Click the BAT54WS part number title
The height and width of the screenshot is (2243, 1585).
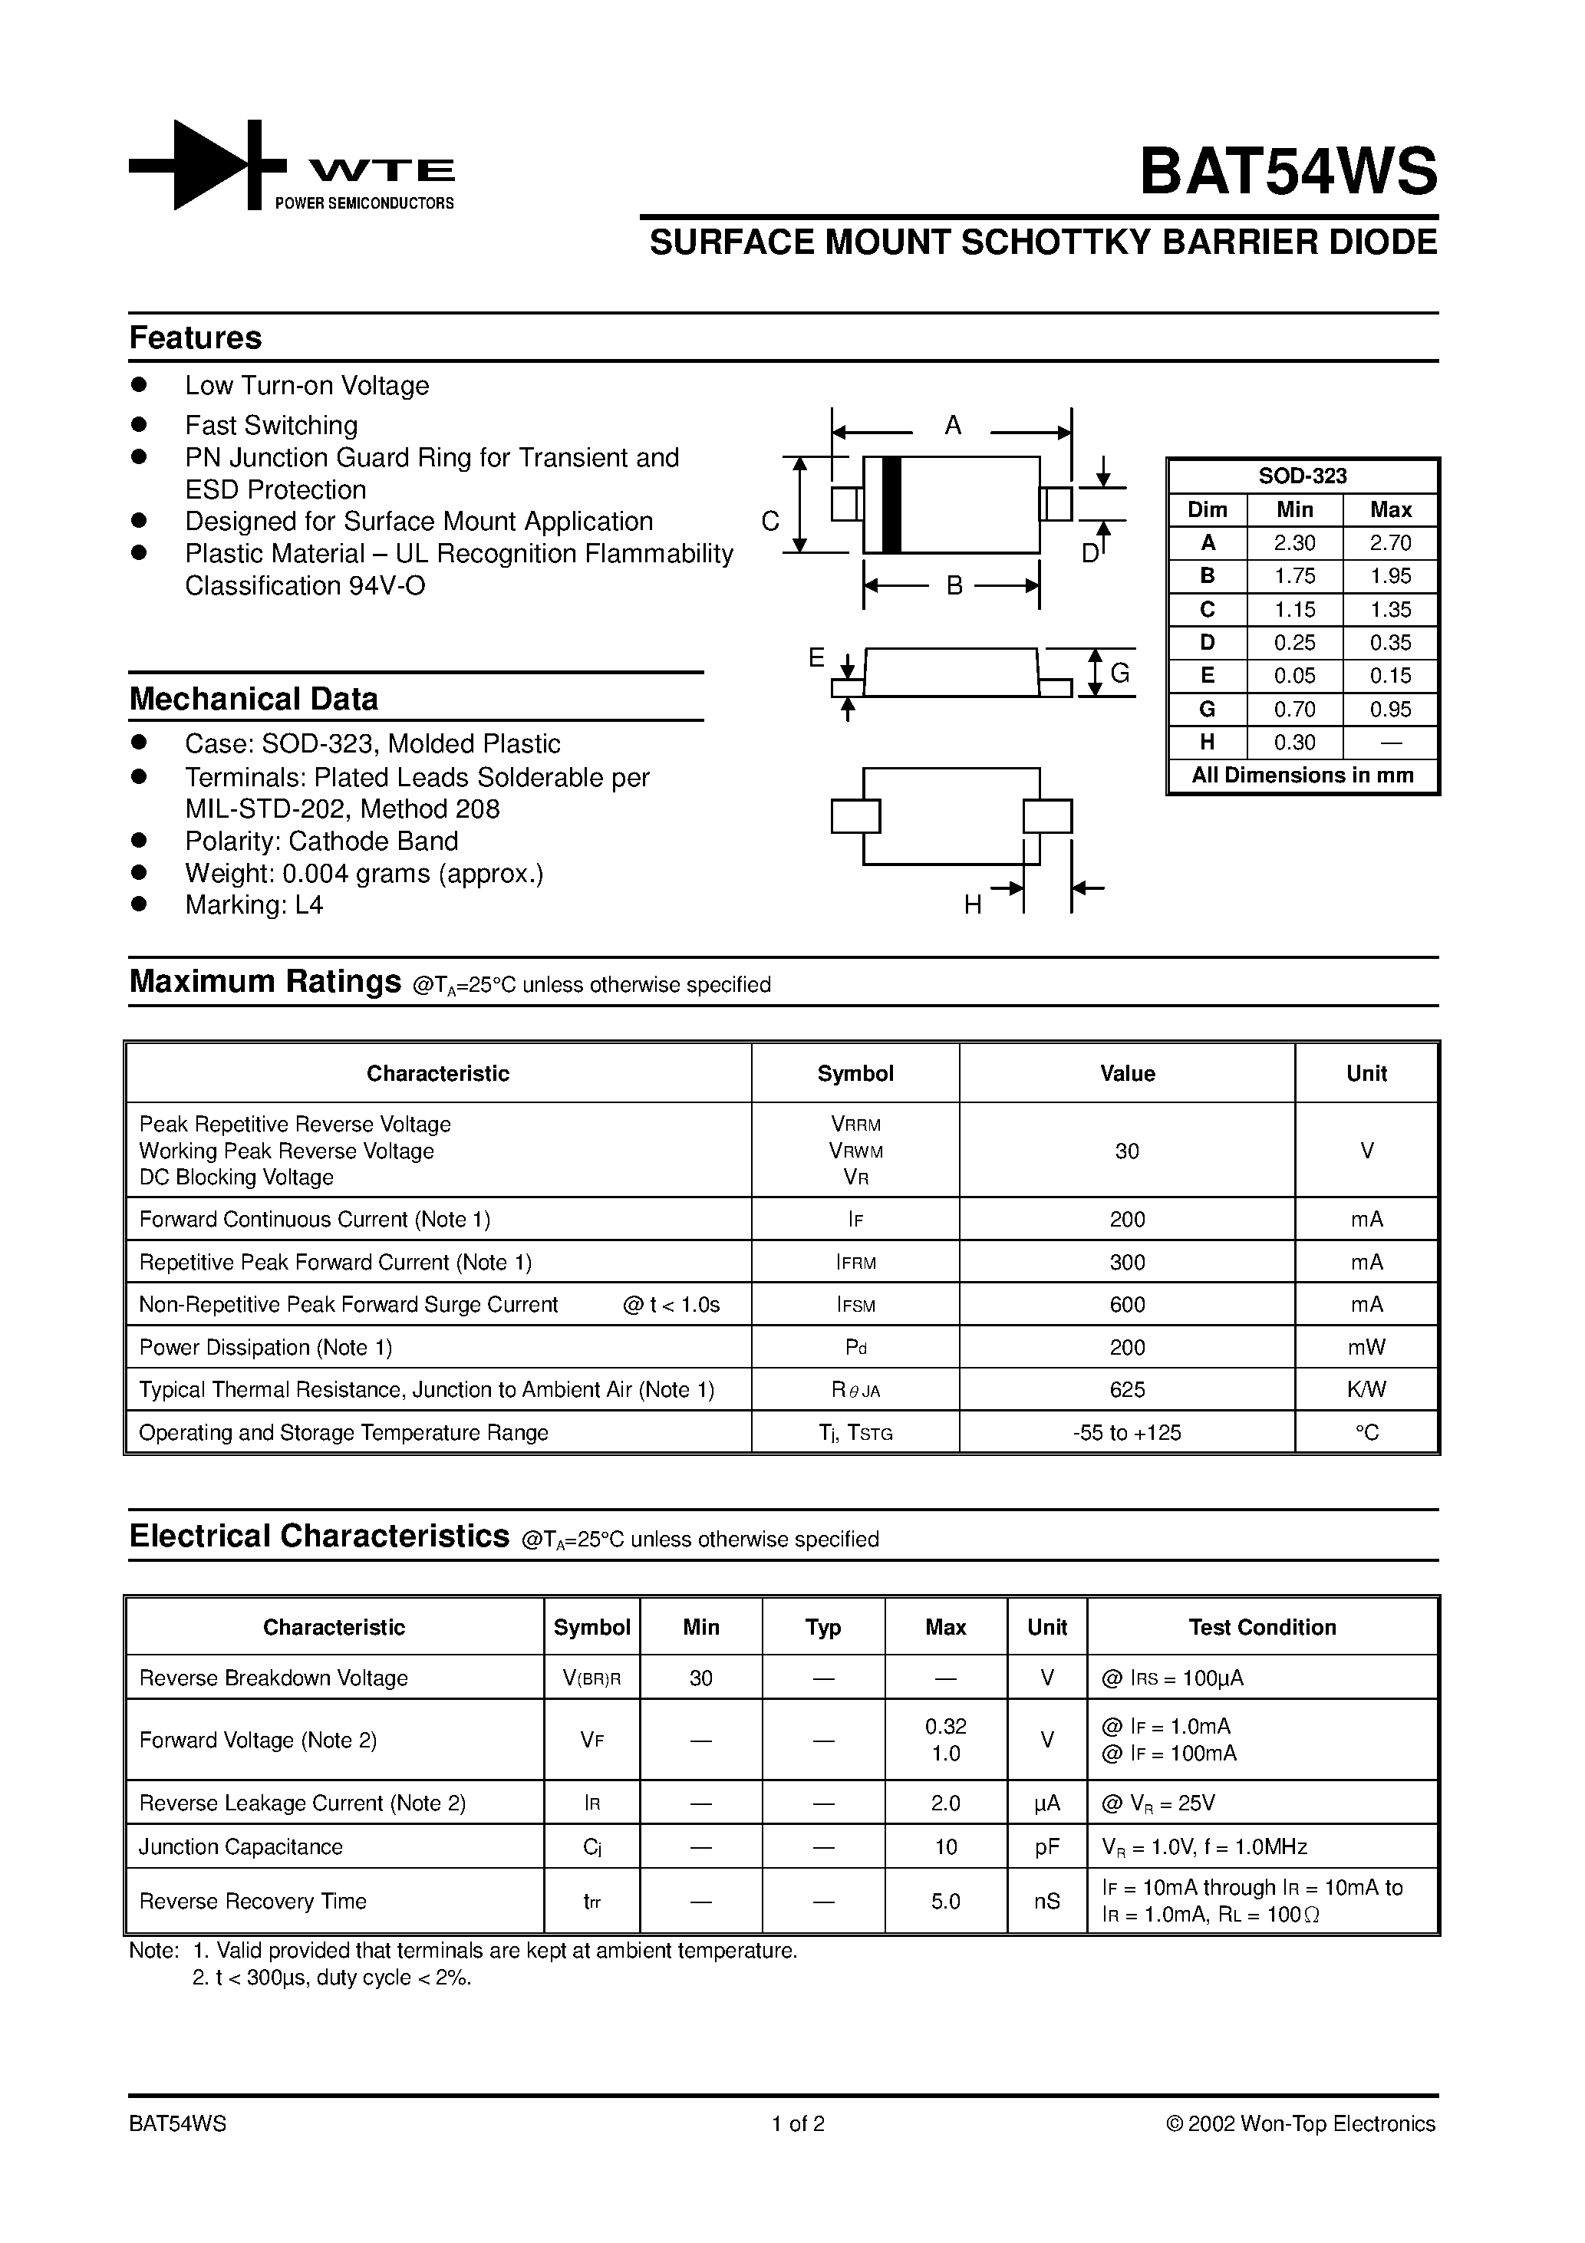(1288, 172)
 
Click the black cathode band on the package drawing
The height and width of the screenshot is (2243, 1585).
(890, 504)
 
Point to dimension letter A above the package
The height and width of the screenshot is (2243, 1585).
(953, 426)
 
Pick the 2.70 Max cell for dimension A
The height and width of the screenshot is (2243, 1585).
(1389, 543)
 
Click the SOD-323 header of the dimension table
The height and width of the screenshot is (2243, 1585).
(1302, 476)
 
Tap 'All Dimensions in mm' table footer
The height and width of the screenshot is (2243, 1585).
(1302, 776)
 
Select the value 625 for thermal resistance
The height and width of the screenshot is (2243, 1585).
(1127, 1389)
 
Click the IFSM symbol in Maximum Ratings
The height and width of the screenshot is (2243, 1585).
(855, 1305)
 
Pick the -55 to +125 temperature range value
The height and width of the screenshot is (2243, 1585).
(1127, 1432)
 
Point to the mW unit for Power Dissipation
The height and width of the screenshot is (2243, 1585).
(1366, 1347)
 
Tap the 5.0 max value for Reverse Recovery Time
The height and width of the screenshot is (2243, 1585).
(945, 1901)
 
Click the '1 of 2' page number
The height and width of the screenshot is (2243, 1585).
(799, 2124)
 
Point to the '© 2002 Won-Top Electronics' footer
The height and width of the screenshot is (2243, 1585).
(1300, 2124)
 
